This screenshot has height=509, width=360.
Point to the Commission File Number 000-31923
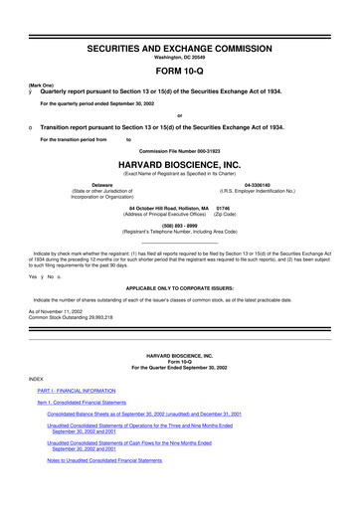[180, 149]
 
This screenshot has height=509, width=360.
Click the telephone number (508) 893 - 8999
[180, 224]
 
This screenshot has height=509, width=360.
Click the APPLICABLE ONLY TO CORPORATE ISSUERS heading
[180, 283]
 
